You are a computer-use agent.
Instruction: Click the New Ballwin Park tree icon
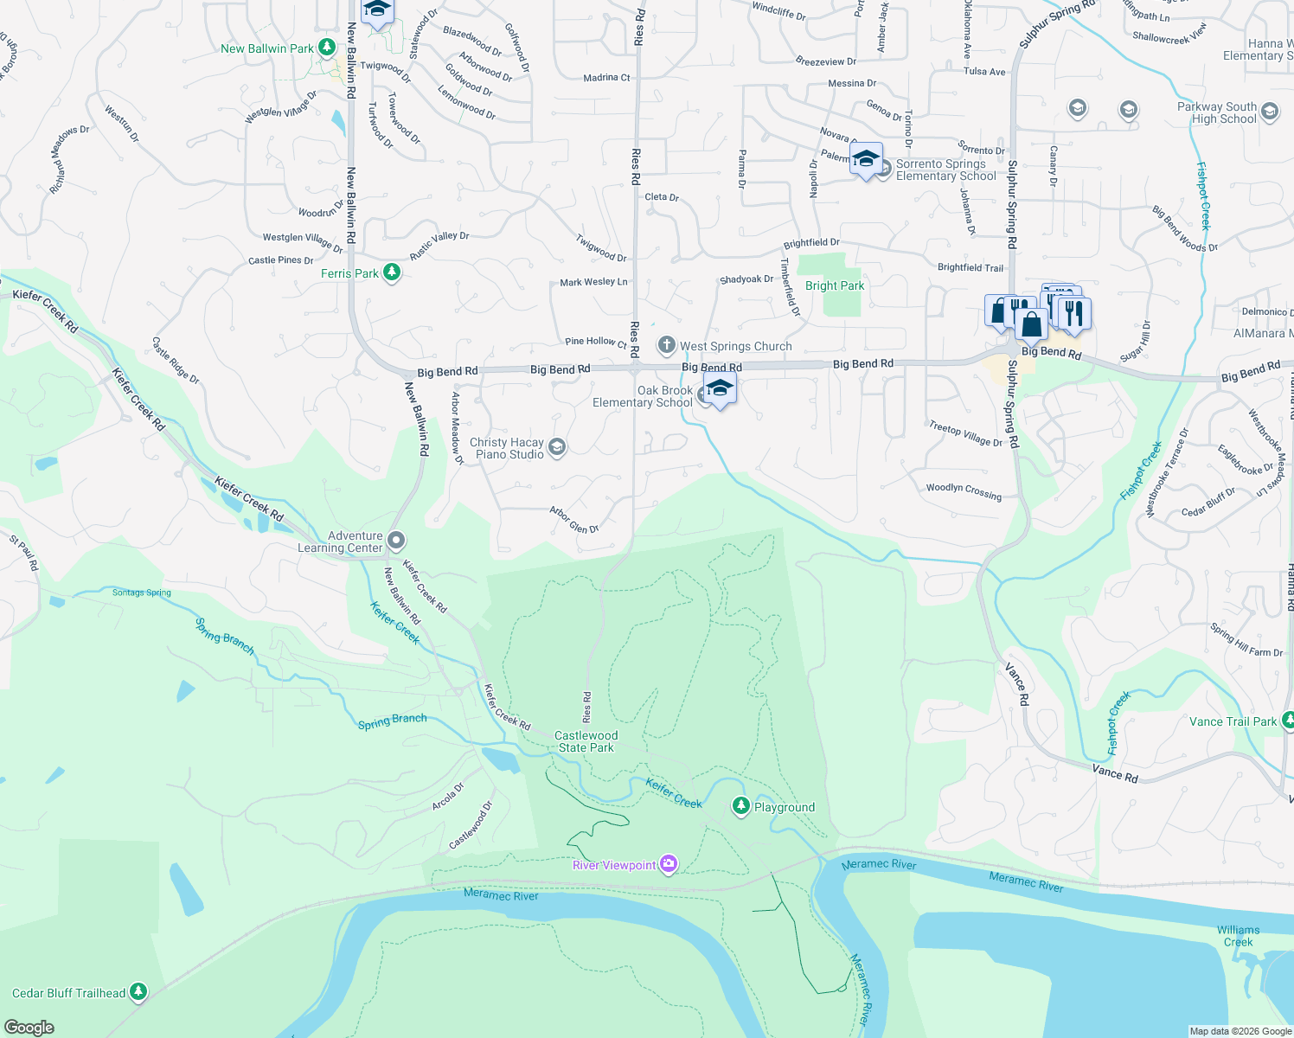[x=327, y=48]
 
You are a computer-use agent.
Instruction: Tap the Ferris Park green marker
[x=392, y=272]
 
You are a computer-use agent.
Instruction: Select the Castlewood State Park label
[x=586, y=741]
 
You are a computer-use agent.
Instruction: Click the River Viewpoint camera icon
[x=668, y=864]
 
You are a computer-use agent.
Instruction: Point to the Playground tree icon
[x=740, y=806]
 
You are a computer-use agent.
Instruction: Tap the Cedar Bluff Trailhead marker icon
[x=138, y=992]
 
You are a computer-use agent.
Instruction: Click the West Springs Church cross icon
[x=666, y=346]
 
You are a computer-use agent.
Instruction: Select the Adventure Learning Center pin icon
[x=396, y=541]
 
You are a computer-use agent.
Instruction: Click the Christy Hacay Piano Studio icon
[x=557, y=446]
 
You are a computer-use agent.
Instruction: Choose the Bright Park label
[x=834, y=285]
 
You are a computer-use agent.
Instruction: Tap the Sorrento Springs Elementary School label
[x=945, y=170]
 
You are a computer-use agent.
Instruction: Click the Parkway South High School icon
[x=1269, y=111]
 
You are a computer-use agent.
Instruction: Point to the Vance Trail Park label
[x=1233, y=721]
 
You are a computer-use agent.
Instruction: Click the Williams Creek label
[x=1238, y=936]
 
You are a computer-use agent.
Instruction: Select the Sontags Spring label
[x=142, y=593]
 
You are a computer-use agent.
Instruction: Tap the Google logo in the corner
[x=29, y=1027]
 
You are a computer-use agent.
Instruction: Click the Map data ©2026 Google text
[x=1240, y=1031]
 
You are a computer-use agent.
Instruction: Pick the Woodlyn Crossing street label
[x=964, y=491]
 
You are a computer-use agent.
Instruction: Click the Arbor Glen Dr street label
[x=574, y=521]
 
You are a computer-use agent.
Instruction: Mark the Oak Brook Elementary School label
[x=643, y=396]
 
